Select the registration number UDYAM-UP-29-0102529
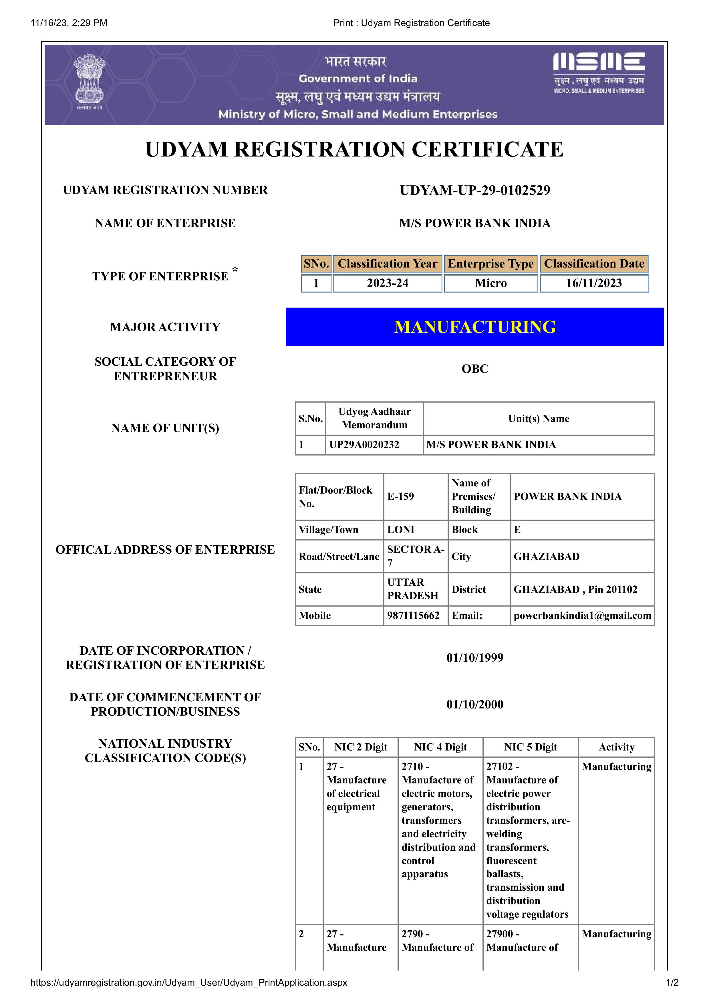(x=475, y=190)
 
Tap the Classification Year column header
(x=387, y=264)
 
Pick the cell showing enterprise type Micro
(x=490, y=283)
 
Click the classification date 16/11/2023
(x=594, y=283)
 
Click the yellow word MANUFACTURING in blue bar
(x=475, y=327)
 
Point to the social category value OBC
(x=475, y=369)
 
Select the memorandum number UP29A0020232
(x=364, y=445)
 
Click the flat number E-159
(x=400, y=496)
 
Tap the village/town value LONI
(x=400, y=530)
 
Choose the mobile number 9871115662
(x=413, y=615)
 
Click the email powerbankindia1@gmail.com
(x=582, y=615)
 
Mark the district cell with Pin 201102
(x=575, y=589)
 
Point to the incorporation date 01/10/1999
(x=475, y=658)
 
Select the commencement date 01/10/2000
(x=475, y=704)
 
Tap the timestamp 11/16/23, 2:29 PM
(x=69, y=23)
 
